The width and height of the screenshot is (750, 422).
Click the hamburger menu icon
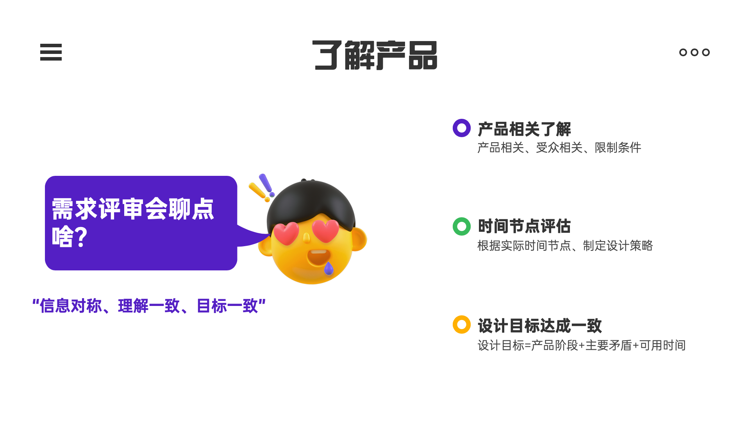pos(51,52)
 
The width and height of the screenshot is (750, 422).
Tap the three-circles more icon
pos(694,52)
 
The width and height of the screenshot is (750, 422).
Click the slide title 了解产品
pos(375,55)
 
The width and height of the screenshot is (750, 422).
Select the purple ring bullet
pos(461,128)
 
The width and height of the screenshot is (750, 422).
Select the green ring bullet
pos(461,226)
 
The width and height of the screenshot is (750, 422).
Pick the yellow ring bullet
pos(461,325)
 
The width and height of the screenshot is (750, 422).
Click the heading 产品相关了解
pos(524,129)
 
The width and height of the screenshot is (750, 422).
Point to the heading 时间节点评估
pos(524,226)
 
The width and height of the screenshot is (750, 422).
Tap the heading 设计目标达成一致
pos(539,325)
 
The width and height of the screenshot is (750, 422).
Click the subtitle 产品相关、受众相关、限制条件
pos(559,148)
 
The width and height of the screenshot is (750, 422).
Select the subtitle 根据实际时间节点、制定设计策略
pos(565,246)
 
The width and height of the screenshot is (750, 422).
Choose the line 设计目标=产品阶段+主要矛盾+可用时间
pos(581,345)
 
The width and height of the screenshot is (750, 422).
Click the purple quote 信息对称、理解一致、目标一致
pos(149,306)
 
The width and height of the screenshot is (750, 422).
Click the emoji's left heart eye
pos(286,233)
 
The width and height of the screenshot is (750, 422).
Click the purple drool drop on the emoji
pos(329,268)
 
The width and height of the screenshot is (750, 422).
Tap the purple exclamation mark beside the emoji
pos(266,184)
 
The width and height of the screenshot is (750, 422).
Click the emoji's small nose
pos(306,237)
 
